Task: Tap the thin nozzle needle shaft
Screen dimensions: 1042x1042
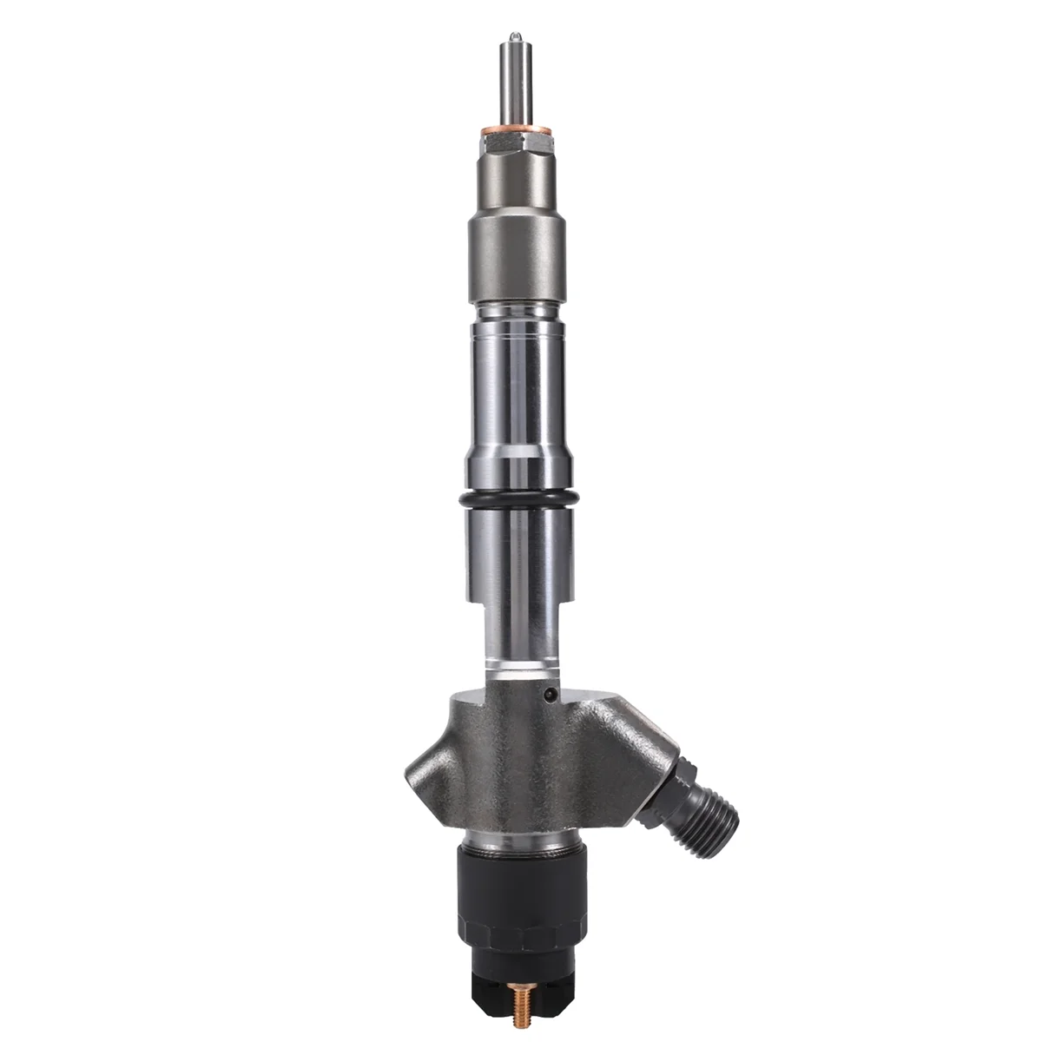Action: click(x=515, y=82)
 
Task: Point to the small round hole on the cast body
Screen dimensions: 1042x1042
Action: click(x=549, y=695)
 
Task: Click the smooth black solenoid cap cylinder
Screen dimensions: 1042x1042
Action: click(x=519, y=886)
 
